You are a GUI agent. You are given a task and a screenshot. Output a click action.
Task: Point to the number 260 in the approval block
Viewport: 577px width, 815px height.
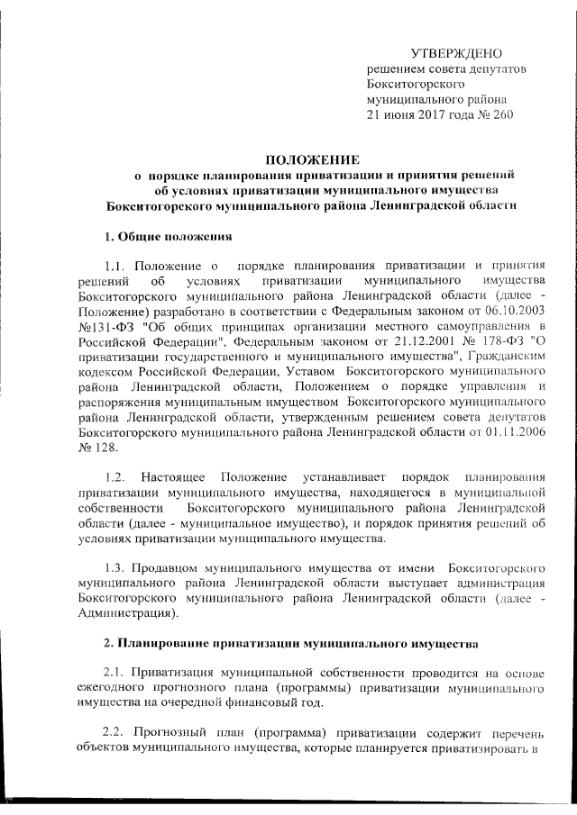(499, 115)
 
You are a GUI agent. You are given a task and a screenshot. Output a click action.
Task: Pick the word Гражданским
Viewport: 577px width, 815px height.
(505, 358)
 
